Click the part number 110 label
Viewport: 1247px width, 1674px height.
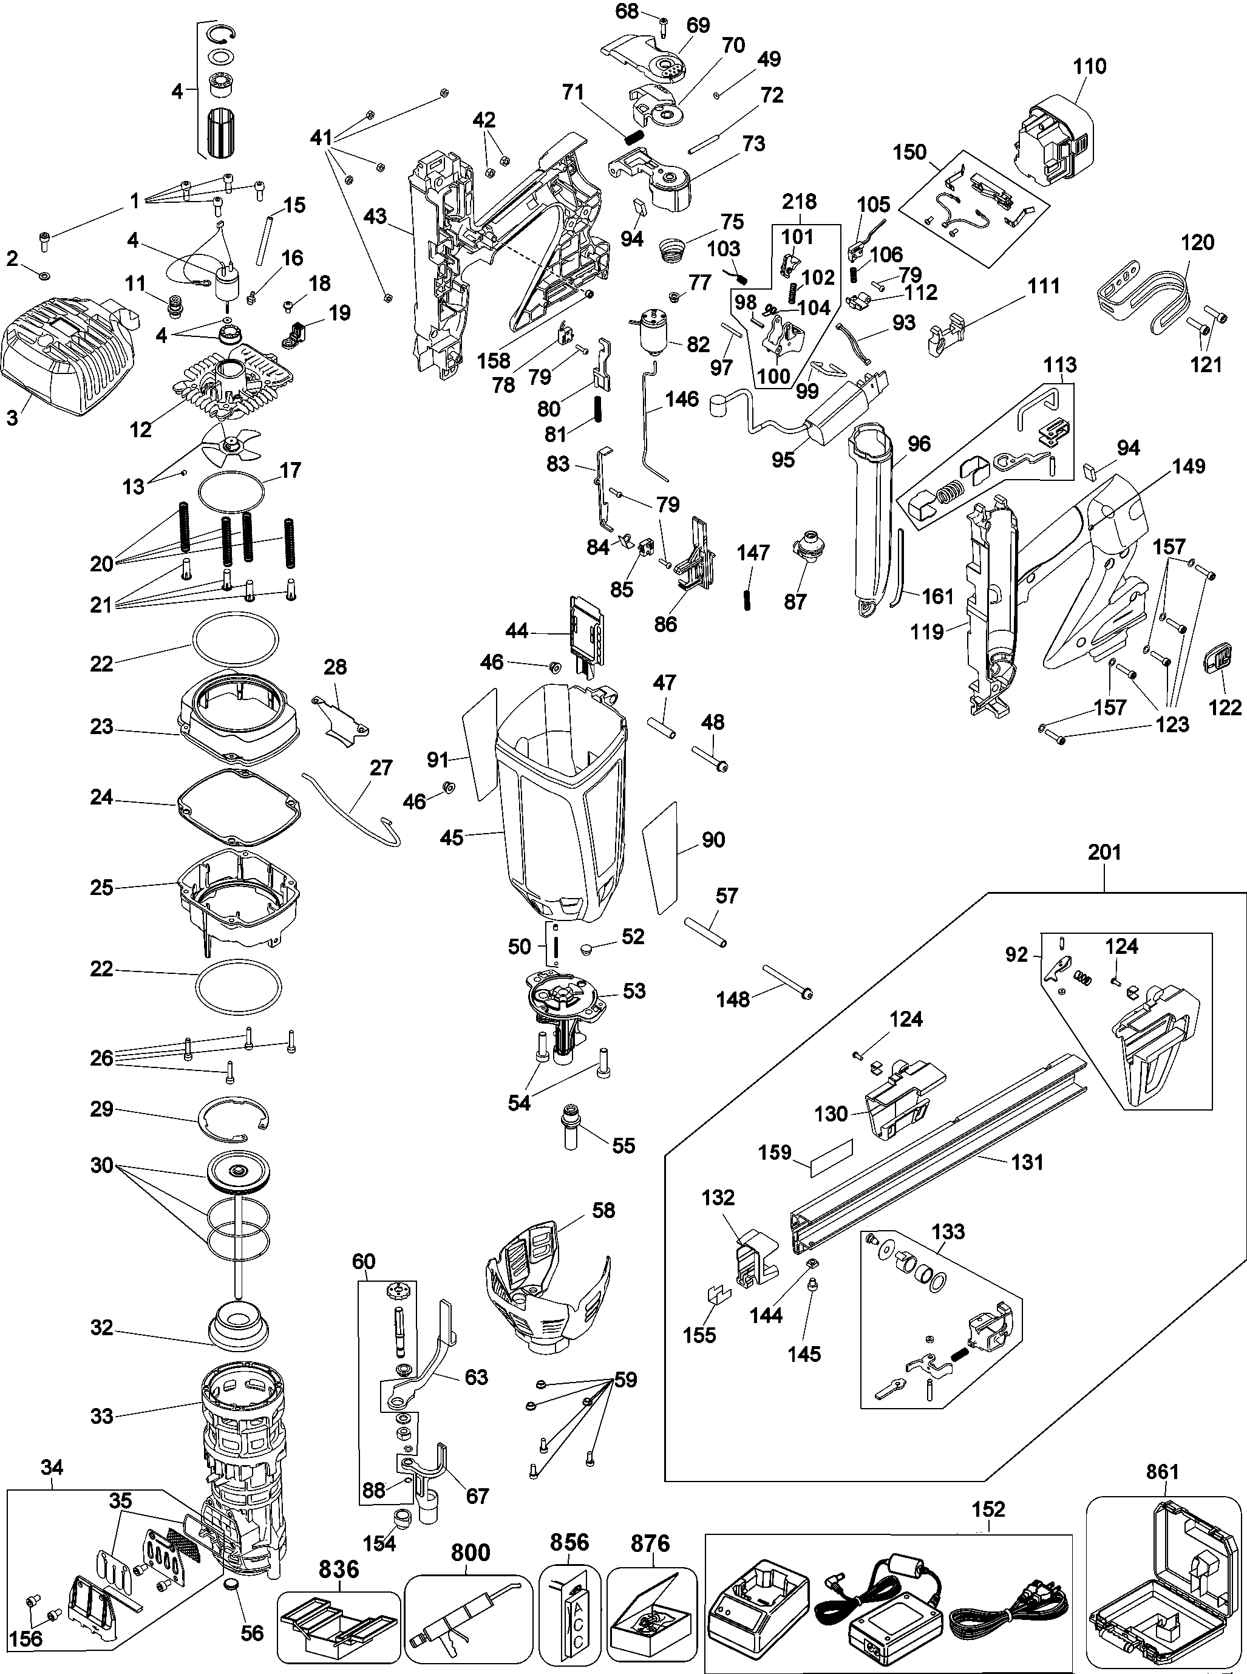point(1089,66)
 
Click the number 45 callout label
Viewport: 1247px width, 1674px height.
point(452,838)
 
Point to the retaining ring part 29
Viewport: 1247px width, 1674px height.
point(234,1117)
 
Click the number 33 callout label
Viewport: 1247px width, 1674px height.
point(102,1416)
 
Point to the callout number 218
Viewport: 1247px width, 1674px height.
point(798,202)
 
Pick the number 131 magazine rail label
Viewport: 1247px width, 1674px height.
point(1027,1162)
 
